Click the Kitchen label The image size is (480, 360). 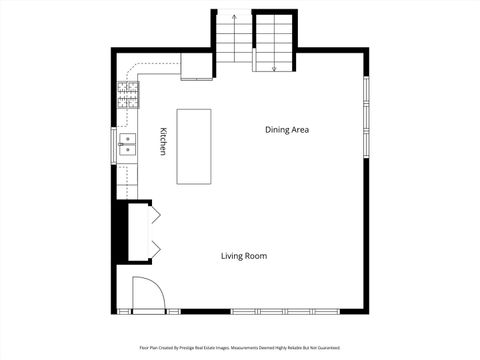coord(162,141)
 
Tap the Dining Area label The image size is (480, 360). coord(287,130)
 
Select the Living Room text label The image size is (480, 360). coord(244,256)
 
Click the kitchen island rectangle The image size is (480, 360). coord(195,146)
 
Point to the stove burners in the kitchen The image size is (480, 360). coord(129,96)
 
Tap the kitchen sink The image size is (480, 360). coord(128,147)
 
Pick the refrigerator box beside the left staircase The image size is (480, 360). coord(196,67)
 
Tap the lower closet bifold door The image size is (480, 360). coord(157,246)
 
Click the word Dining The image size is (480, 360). coord(276,130)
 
